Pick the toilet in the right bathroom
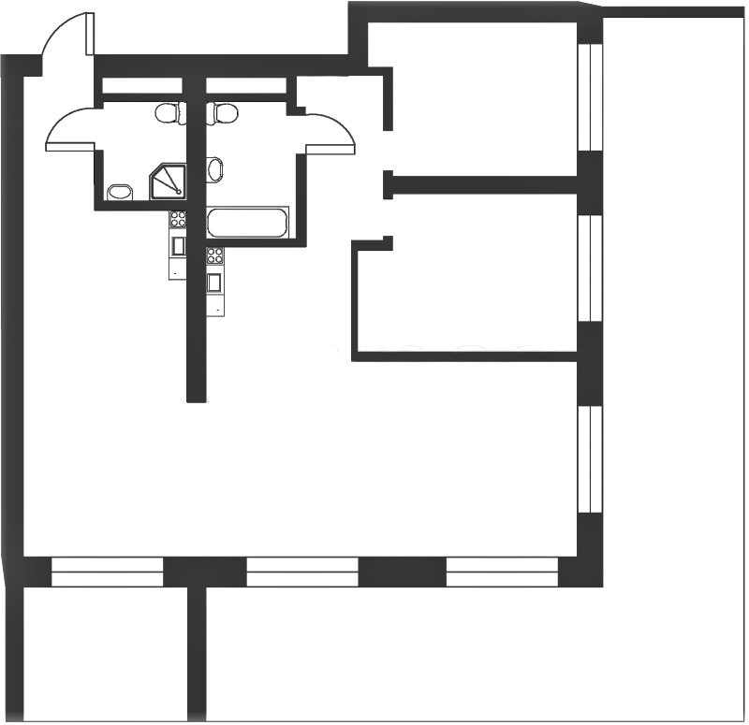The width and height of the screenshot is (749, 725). tap(225, 114)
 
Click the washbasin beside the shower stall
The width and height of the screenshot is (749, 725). tap(119, 193)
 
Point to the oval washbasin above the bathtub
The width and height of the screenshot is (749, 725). tap(215, 170)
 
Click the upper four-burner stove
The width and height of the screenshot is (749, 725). tap(177, 221)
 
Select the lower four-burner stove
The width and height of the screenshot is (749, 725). tap(215, 255)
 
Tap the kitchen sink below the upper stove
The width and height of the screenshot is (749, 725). tap(178, 246)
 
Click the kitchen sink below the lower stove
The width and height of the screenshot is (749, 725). tap(215, 282)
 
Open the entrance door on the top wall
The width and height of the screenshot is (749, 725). tap(67, 42)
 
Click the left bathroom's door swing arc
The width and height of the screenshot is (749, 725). tap(70, 128)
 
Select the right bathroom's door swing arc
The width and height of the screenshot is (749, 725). tap(331, 133)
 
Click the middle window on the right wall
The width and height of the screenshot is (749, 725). tap(590, 268)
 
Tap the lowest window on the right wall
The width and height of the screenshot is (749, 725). tap(590, 458)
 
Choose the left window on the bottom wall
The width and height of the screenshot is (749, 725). tap(107, 572)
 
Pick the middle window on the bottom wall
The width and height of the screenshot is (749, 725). tap(302, 572)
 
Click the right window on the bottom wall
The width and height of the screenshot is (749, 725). tap(502, 572)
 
